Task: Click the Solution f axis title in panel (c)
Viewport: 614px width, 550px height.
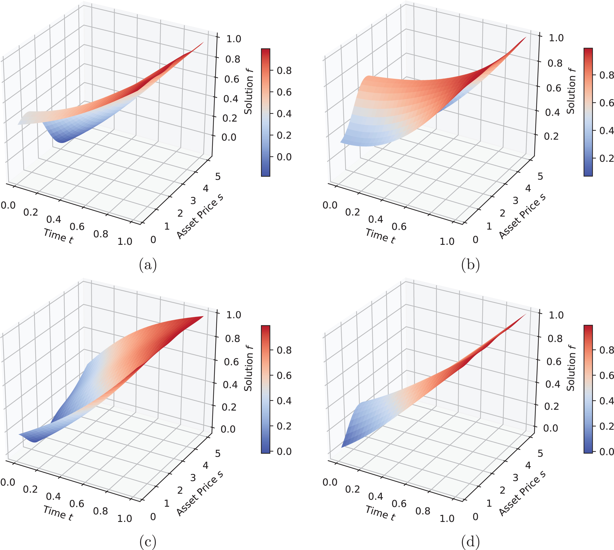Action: (249, 368)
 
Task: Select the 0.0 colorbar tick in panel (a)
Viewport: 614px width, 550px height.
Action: (284, 157)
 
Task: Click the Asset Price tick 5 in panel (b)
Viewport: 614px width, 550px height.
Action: (540, 176)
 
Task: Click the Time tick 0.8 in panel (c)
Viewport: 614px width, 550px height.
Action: (100, 511)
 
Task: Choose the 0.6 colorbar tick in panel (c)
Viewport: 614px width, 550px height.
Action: (284, 375)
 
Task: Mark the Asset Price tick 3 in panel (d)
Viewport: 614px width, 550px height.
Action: (515, 478)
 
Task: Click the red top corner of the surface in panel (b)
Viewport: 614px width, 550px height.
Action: (526, 37)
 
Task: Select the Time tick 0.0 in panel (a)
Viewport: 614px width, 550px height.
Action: (8, 205)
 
